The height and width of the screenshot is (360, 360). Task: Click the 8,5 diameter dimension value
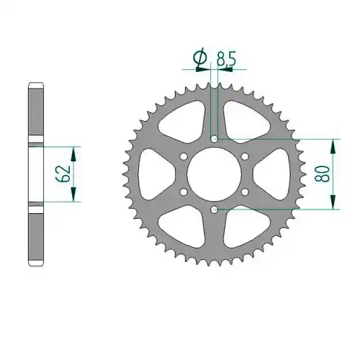pyautogui.click(x=226, y=59)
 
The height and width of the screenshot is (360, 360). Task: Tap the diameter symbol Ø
pyautogui.click(x=199, y=57)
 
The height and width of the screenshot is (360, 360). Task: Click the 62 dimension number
pyautogui.click(x=63, y=174)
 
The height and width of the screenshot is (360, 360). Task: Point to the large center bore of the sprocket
pyautogui.click(x=214, y=174)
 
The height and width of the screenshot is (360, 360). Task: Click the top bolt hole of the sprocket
pyautogui.click(x=214, y=139)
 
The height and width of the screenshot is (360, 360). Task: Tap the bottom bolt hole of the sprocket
pyautogui.click(x=214, y=210)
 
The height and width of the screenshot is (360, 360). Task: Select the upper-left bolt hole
pyautogui.click(x=184, y=156)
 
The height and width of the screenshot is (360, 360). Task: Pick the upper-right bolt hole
pyautogui.click(x=245, y=156)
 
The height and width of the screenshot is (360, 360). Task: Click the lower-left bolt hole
pyautogui.click(x=184, y=192)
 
